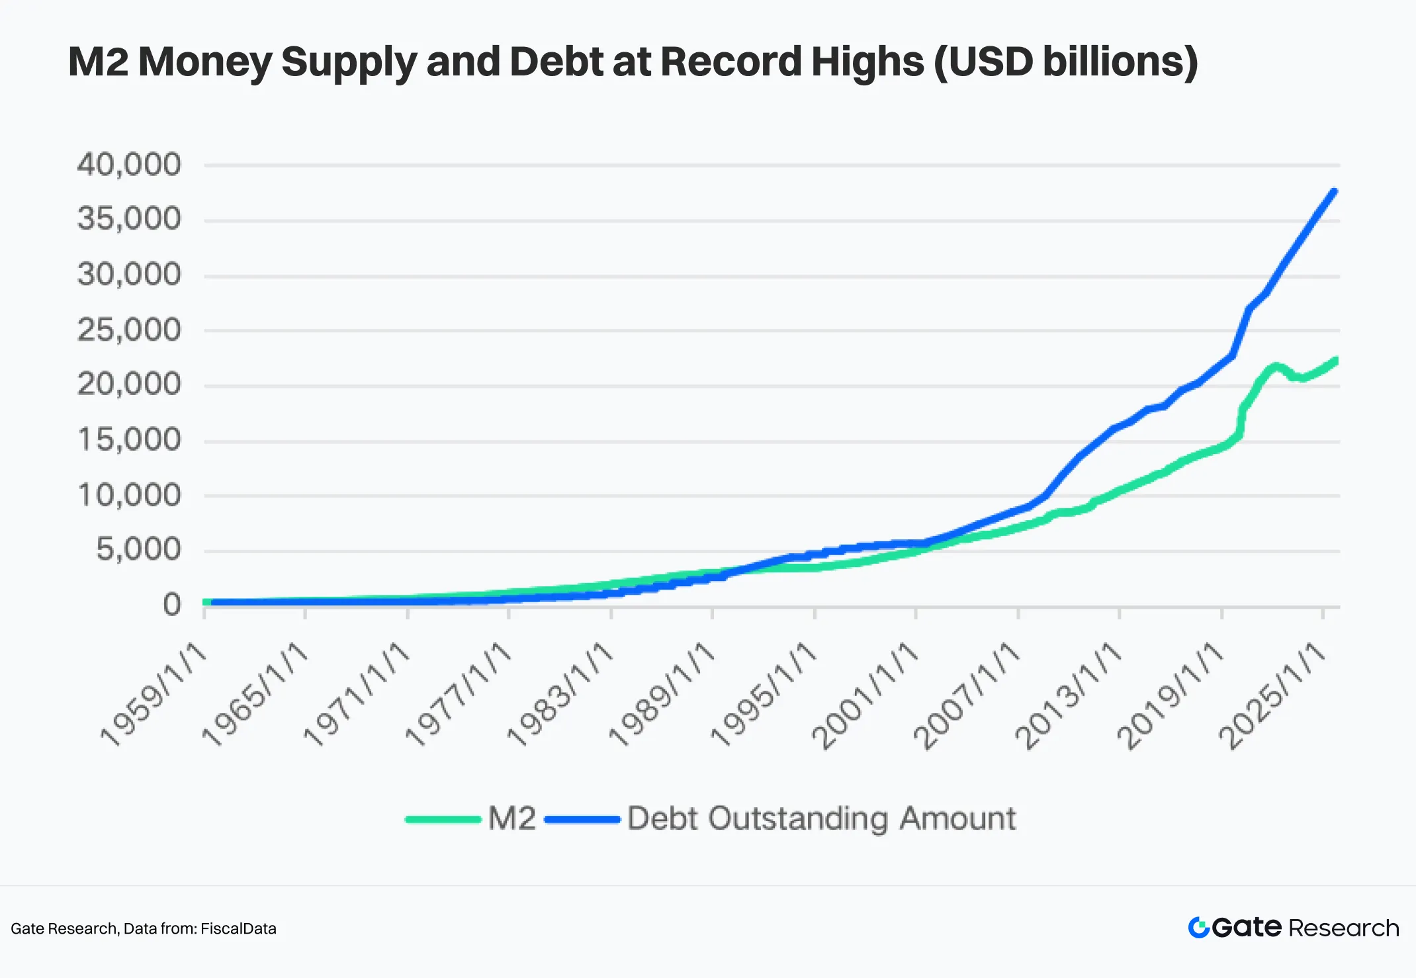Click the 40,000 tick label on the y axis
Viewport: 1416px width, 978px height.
(x=129, y=164)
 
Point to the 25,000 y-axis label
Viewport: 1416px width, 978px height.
(x=129, y=330)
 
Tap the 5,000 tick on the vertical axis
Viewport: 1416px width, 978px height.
(x=138, y=549)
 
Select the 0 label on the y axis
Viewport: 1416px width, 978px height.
(x=172, y=604)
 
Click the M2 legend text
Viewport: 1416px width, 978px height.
(x=512, y=819)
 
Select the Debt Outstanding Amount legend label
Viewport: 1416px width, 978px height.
(x=821, y=819)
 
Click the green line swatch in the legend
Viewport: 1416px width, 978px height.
(x=443, y=819)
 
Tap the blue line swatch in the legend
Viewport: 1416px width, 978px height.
(x=582, y=819)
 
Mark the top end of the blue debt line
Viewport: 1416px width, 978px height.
(x=1334, y=192)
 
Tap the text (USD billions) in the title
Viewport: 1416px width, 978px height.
(x=1065, y=62)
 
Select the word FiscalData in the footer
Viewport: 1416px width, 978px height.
(x=238, y=928)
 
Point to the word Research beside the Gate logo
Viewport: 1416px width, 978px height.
(x=1344, y=928)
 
